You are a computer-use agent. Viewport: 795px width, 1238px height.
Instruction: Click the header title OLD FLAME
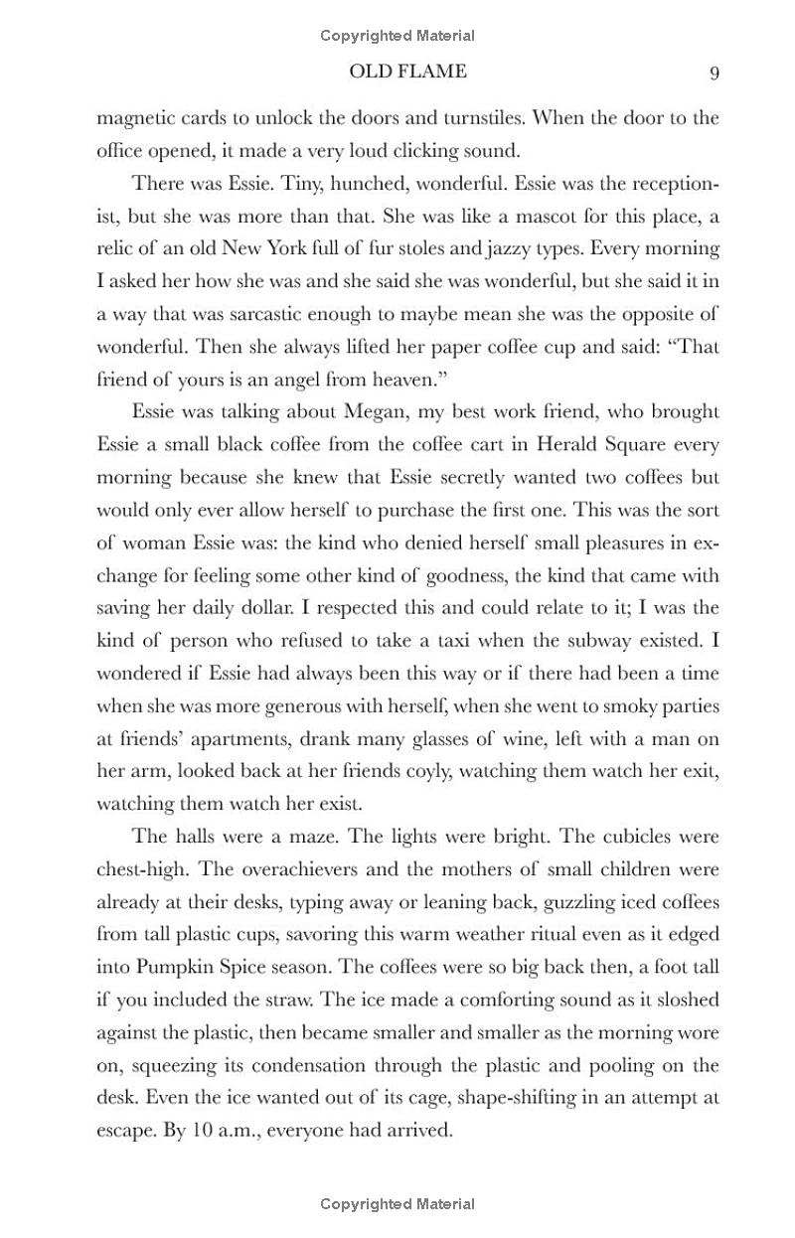pyautogui.click(x=407, y=72)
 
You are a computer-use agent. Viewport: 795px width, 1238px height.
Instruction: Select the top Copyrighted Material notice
pyautogui.click(x=397, y=36)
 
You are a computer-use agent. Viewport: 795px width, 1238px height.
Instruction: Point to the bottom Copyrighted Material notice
pyautogui.click(x=397, y=1204)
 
